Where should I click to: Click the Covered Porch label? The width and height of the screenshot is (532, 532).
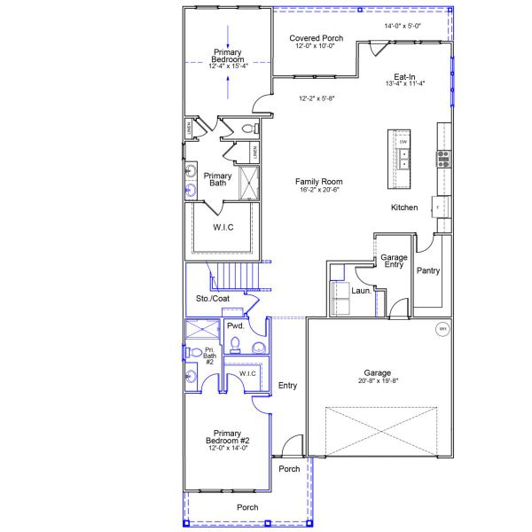tap(317, 39)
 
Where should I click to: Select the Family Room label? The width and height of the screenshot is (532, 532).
tap(318, 181)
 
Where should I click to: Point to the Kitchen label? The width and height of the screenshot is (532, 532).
tap(404, 207)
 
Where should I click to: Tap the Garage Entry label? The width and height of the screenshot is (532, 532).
tap(394, 261)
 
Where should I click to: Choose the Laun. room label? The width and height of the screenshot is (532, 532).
tap(361, 290)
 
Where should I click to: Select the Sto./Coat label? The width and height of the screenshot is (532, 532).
tap(212, 299)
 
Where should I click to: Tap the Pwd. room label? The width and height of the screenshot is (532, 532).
tap(235, 326)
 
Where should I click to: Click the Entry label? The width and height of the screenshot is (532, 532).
tap(287, 386)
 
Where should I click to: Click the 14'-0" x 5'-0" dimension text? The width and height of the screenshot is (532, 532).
tap(403, 26)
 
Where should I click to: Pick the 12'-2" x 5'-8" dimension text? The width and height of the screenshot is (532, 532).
tap(317, 98)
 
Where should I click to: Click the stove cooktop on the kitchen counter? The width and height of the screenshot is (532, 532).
tap(442, 159)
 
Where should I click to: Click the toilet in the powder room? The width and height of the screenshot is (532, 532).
tap(259, 346)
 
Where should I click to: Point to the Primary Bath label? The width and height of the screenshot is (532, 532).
tap(217, 178)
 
